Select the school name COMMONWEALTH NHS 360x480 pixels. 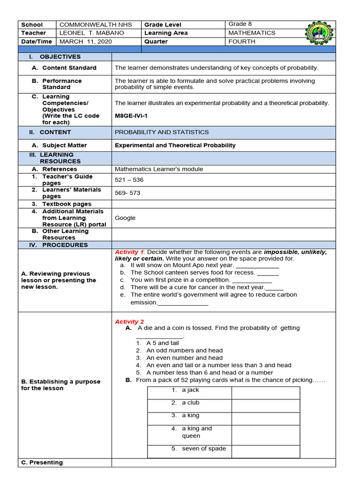click(x=96, y=25)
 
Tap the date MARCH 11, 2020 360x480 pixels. click(x=86, y=42)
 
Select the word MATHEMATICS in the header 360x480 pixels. click(x=252, y=33)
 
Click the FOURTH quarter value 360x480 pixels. click(x=241, y=42)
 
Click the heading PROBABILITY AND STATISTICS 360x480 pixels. click(x=162, y=132)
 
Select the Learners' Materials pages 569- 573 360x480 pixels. click(x=127, y=193)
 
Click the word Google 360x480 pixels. click(x=125, y=218)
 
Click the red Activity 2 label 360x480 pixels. click(x=129, y=322)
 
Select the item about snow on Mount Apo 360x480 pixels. click(x=181, y=265)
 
